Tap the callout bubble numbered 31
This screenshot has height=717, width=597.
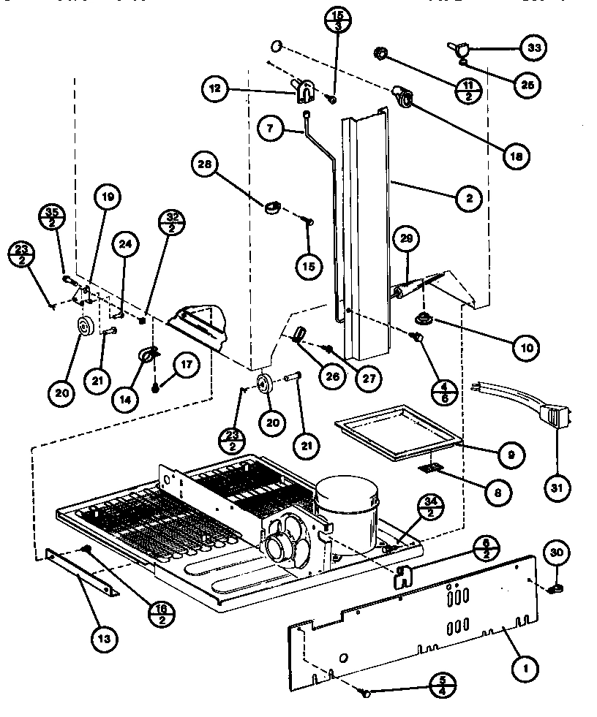pyautogui.click(x=557, y=485)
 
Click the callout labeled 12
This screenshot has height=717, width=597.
pyautogui.click(x=215, y=90)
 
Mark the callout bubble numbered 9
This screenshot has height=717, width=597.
pyautogui.click(x=510, y=455)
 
